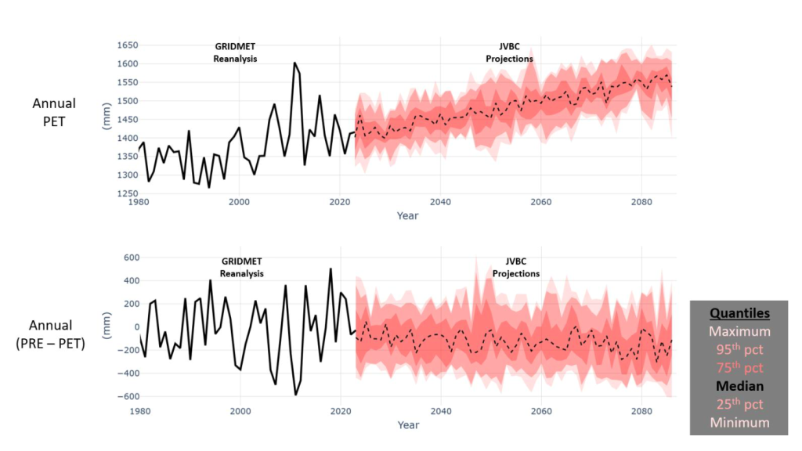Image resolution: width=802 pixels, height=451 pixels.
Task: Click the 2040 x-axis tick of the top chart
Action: click(x=440, y=201)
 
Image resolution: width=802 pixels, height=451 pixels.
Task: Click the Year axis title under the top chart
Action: click(x=407, y=215)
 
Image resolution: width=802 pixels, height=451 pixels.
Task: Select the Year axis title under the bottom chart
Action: click(x=407, y=425)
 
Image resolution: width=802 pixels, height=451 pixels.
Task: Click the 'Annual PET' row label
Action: click(x=54, y=111)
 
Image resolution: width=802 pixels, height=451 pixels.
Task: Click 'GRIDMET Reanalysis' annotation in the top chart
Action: click(x=235, y=53)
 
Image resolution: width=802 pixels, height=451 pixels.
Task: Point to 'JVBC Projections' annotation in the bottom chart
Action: click(x=515, y=269)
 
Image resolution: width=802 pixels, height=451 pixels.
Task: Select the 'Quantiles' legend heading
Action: click(x=739, y=313)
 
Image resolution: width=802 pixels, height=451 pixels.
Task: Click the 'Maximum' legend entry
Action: click(x=739, y=331)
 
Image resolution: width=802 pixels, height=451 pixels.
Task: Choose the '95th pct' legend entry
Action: click(x=739, y=349)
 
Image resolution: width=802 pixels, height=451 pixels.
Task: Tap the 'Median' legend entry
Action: click(x=739, y=386)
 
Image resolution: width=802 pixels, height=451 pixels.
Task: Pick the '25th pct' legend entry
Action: click(x=739, y=404)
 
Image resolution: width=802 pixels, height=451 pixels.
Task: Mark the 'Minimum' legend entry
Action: click(x=739, y=423)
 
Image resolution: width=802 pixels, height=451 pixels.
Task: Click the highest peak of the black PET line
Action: click(x=294, y=63)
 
